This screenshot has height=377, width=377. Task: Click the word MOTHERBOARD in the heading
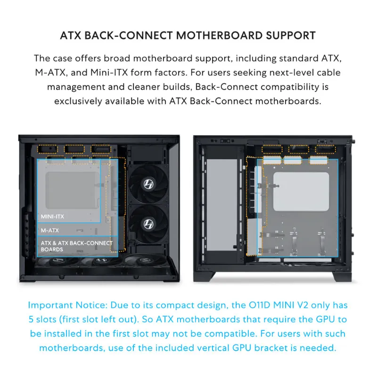[219, 36]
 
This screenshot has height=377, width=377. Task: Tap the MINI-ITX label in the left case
[52, 217]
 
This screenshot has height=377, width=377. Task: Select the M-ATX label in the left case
[50, 230]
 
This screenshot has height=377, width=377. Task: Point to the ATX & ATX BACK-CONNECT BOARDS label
[76, 246]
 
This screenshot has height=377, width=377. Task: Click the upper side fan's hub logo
[148, 184]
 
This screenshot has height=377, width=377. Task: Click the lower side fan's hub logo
[148, 224]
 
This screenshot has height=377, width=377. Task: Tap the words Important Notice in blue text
[67, 305]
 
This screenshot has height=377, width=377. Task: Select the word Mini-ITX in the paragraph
[109, 73]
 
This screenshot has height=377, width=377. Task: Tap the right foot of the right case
[342, 277]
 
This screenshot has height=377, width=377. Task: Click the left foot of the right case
[205, 277]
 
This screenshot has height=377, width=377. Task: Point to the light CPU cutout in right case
[301, 192]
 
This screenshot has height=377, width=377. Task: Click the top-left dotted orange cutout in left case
[48, 149]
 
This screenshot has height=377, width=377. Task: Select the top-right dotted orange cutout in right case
[325, 149]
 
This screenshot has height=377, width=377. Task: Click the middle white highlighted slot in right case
[293, 160]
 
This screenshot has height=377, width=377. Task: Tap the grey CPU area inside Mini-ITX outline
[73, 190]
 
